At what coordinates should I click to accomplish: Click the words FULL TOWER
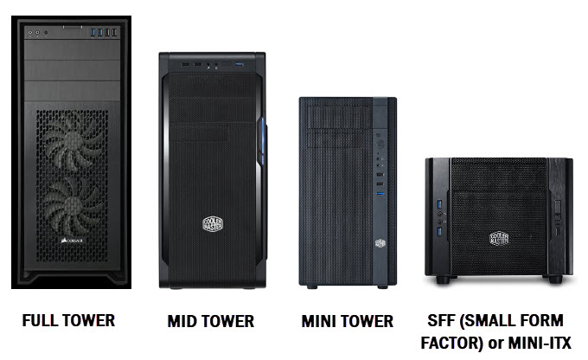69,320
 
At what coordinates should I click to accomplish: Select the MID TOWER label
211,322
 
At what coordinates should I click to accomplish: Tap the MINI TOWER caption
348,322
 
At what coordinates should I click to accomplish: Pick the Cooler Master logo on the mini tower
380,243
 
